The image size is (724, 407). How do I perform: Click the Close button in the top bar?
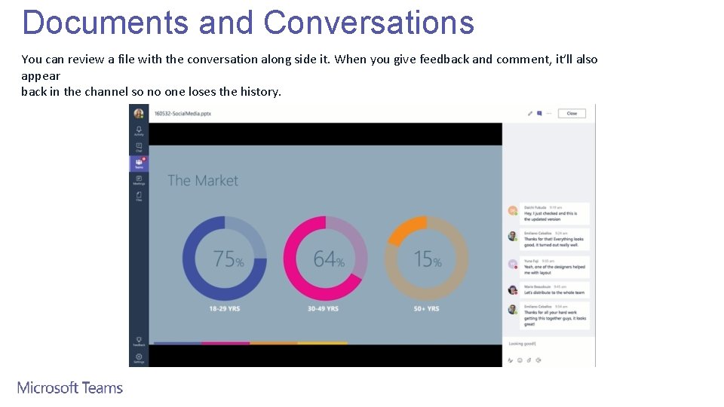click(x=572, y=113)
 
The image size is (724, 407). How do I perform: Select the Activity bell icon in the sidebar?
click(x=139, y=130)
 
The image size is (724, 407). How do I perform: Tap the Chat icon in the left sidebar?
click(x=139, y=147)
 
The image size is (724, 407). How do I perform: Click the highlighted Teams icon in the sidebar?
click(x=139, y=163)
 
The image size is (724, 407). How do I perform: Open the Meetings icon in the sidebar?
click(x=139, y=179)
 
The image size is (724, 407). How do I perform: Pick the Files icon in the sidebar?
click(x=139, y=196)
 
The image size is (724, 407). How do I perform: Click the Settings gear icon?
click(x=139, y=357)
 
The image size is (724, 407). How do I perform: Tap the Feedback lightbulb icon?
click(x=139, y=341)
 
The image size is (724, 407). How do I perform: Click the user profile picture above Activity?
click(x=139, y=113)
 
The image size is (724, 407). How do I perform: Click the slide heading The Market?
click(x=202, y=181)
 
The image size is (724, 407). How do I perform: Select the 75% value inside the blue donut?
click(x=228, y=259)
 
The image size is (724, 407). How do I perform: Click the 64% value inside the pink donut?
click(x=329, y=259)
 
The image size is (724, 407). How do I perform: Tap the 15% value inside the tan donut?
click(x=428, y=259)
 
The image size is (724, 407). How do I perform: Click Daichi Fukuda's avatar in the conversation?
click(x=513, y=210)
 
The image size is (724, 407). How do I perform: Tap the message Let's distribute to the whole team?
click(x=555, y=291)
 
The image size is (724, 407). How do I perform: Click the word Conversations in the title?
click(x=369, y=23)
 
